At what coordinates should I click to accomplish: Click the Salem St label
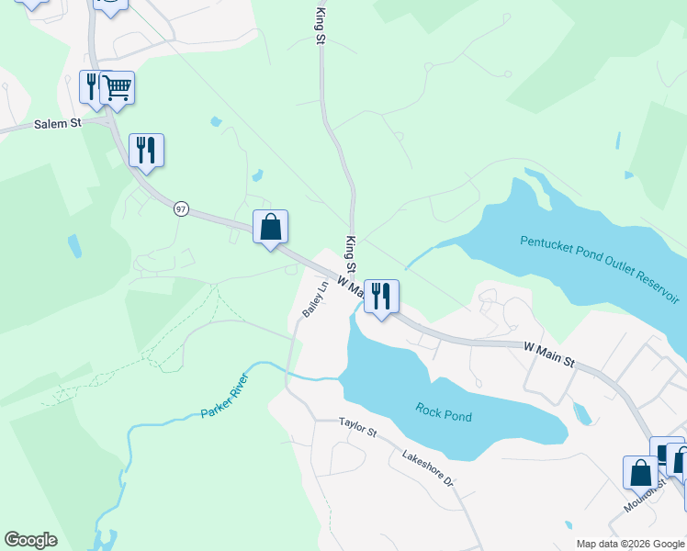pyautogui.click(x=58, y=123)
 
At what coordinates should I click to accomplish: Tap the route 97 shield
pyautogui.click(x=181, y=209)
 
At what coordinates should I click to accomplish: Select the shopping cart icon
pyautogui.click(x=117, y=88)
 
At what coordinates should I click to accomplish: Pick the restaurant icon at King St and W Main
pyautogui.click(x=381, y=296)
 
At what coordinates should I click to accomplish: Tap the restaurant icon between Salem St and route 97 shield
pyautogui.click(x=146, y=150)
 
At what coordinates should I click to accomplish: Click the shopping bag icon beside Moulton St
pyautogui.click(x=640, y=473)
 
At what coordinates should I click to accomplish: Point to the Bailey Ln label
pyautogui.click(x=315, y=300)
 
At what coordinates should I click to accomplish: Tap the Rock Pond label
pyautogui.click(x=444, y=412)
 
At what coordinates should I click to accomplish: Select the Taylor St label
pyautogui.click(x=358, y=425)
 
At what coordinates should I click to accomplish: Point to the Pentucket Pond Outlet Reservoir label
pyautogui.click(x=599, y=268)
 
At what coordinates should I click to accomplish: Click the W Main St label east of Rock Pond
pyautogui.click(x=549, y=354)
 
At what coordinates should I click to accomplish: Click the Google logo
pyautogui.click(x=30, y=540)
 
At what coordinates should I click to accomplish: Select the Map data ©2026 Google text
pyautogui.click(x=629, y=544)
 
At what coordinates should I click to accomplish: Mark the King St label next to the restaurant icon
pyautogui.click(x=350, y=248)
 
